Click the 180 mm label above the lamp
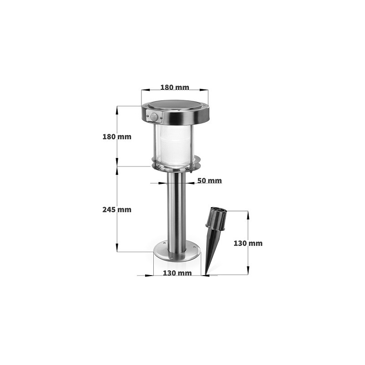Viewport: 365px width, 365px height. [175, 88]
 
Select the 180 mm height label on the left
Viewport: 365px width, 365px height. [117, 137]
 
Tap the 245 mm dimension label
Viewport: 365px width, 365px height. [117, 210]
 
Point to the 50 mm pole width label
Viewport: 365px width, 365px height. [210, 181]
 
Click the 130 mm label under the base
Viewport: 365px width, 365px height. [177, 273]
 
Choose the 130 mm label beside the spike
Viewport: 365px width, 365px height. [248, 243]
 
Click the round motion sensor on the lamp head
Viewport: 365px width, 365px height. [155, 117]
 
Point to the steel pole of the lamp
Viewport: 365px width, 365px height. [177, 210]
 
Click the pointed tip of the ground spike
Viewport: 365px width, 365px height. [206, 274]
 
